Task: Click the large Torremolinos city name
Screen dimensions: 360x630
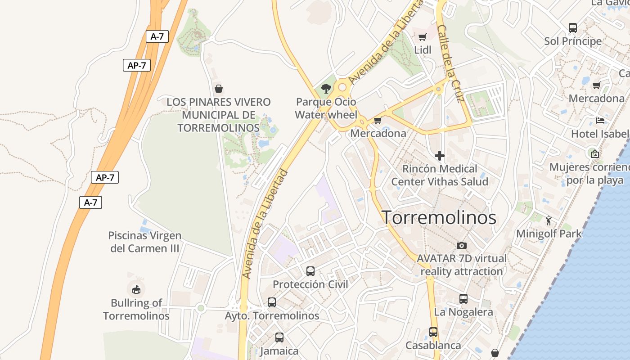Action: pos(439,218)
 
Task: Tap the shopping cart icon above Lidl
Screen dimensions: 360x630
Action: pos(422,37)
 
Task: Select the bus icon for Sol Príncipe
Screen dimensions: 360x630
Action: pos(572,28)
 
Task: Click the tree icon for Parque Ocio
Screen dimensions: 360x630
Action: pos(326,88)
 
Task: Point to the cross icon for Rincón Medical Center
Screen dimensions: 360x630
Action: pos(440,156)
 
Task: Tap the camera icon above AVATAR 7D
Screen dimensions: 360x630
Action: pos(461,245)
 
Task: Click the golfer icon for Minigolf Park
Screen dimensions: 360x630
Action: pos(548,220)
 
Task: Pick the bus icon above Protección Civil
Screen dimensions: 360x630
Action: pos(310,271)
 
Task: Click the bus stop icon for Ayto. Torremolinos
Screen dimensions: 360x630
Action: pos(271,302)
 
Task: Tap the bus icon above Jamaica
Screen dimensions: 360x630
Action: pos(279,337)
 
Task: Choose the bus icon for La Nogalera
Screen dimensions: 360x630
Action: pos(463,299)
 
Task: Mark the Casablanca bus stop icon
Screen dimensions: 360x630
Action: pos(433,332)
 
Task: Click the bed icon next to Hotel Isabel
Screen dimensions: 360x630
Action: pos(600,120)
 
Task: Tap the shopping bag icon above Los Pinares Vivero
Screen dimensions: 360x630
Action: pos(219,89)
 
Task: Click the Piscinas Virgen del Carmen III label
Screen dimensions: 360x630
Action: pos(144,242)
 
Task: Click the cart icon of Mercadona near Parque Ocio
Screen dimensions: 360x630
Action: pos(378,120)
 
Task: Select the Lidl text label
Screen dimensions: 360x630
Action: pos(422,50)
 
